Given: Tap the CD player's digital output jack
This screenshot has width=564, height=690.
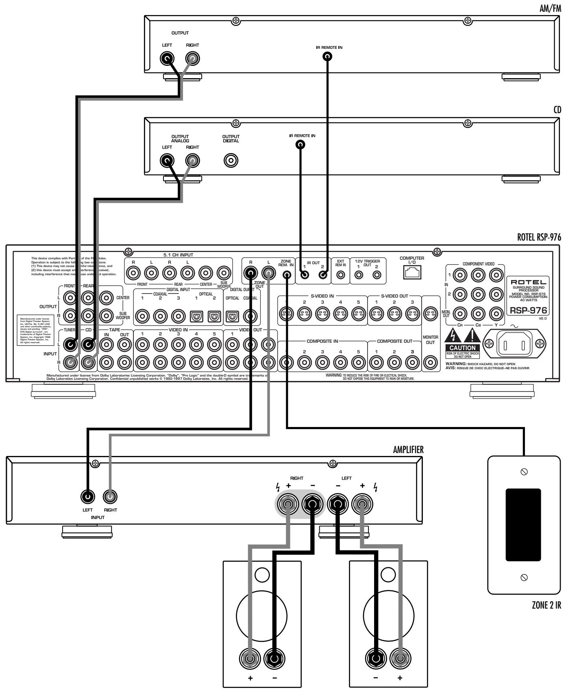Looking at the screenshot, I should [x=231, y=161].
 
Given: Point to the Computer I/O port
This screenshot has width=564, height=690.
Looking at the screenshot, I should [x=412, y=274].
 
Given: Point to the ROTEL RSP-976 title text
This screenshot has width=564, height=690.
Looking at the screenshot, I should [x=539, y=238].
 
